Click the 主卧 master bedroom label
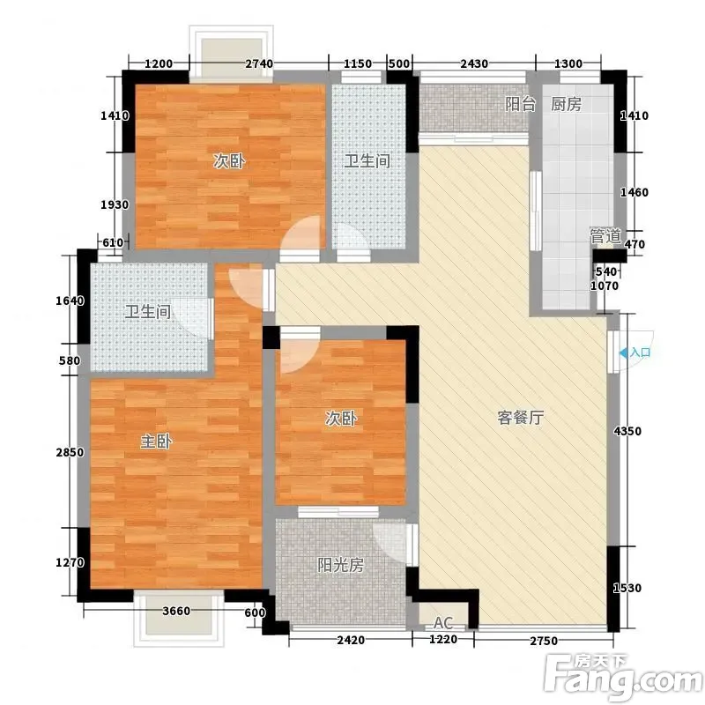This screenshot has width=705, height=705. (x=156, y=442)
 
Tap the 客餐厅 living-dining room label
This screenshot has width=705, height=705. (x=521, y=418)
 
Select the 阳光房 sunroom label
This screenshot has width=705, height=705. (x=340, y=565)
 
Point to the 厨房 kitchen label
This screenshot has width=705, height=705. (x=566, y=104)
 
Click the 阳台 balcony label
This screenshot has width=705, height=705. (x=520, y=104)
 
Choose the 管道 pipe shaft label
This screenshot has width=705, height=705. (x=605, y=236)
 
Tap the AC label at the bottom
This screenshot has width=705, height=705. (x=443, y=623)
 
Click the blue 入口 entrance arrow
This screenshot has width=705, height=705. (x=623, y=353)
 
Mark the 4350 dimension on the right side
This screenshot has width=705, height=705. (x=627, y=431)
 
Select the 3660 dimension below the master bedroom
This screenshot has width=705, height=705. (x=176, y=611)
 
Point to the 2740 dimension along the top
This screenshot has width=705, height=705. (x=259, y=63)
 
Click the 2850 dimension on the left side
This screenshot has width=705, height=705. (x=70, y=452)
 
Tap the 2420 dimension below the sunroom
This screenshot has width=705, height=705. (x=351, y=640)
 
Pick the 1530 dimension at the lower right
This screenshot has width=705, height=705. (x=627, y=588)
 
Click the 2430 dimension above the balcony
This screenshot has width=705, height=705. (x=474, y=63)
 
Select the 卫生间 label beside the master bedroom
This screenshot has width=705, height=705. (x=147, y=312)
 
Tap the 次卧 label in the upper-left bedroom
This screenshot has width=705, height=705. (x=229, y=161)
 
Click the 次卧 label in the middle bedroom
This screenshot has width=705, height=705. (x=341, y=419)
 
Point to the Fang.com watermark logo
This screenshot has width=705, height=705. (x=623, y=675)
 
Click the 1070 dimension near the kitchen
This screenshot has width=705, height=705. (x=605, y=286)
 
